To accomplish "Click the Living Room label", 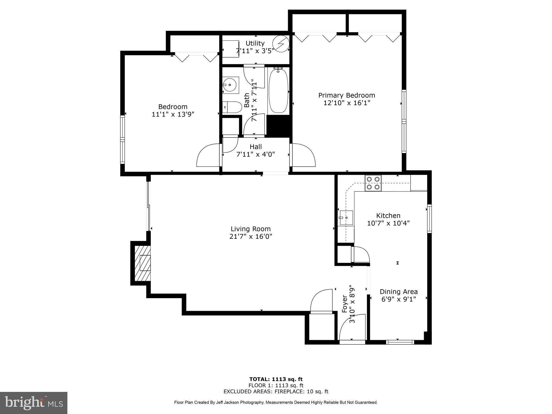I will pos(250,229).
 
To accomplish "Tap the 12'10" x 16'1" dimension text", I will pos(347,103).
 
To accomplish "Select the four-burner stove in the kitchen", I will pos(373,183).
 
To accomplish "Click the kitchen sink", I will pos(346,218).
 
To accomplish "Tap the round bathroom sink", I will pos(230,85).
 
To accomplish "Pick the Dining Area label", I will pos(399,292).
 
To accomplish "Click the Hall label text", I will pos(256,147).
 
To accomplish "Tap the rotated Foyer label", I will pos(344,304).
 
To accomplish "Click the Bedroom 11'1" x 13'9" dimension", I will pos(173,114).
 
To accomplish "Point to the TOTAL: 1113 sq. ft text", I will pos(276,379).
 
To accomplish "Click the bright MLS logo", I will pos(33,403).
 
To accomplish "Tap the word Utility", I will pos(255,43).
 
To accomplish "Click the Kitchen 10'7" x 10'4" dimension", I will pos(388,223).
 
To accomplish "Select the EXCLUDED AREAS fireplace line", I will pos(276,392).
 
